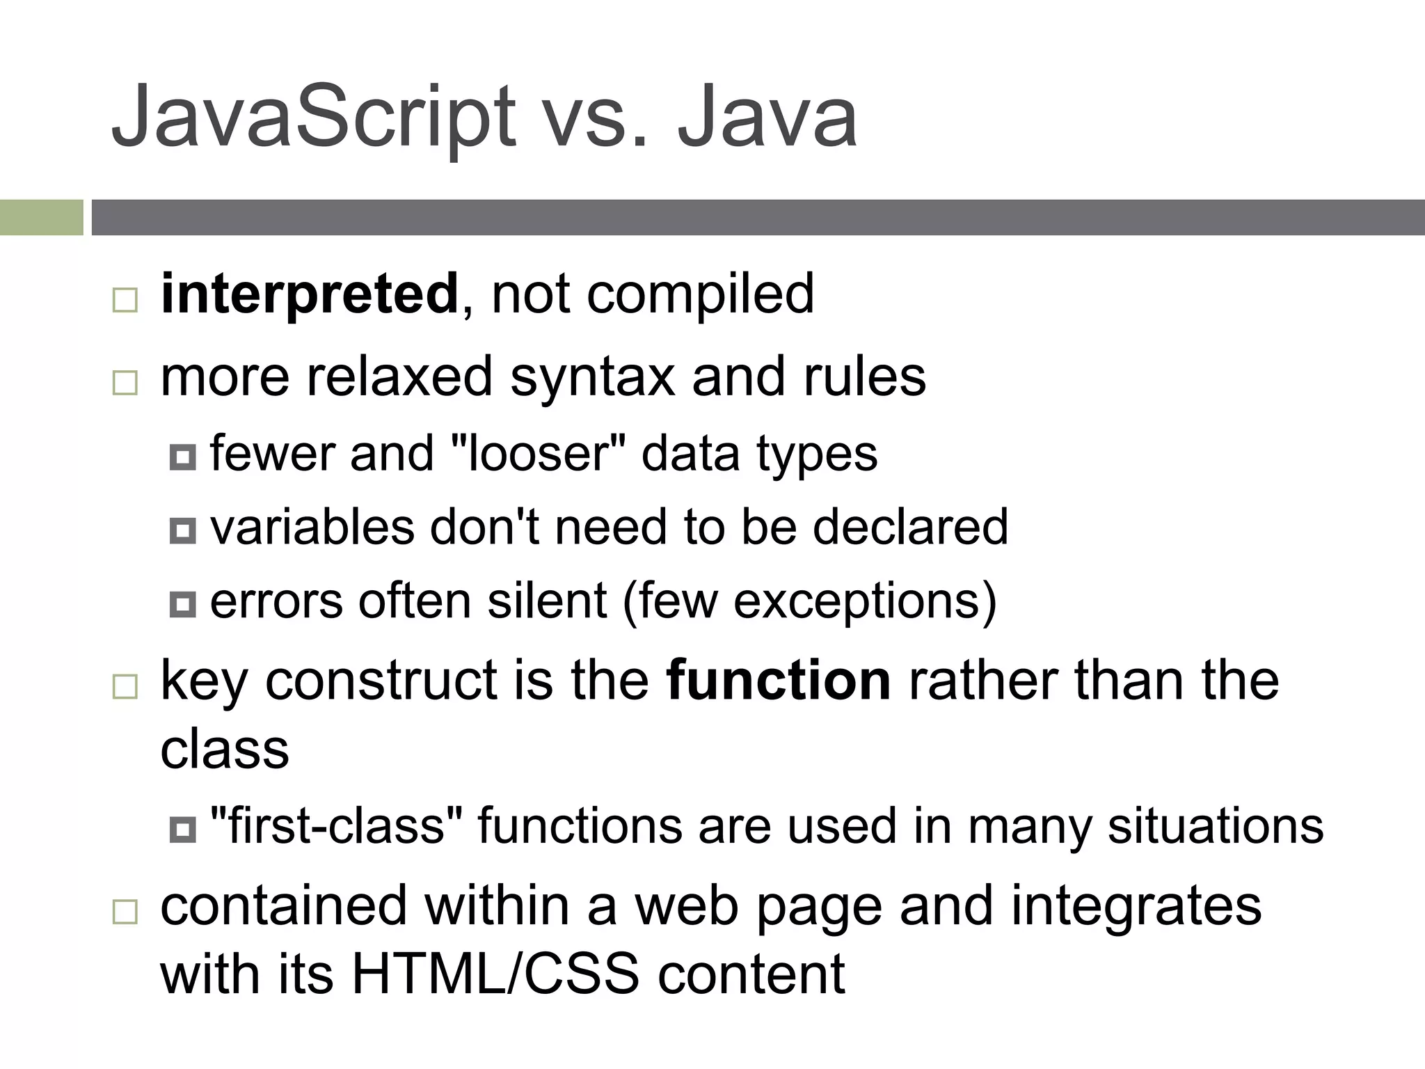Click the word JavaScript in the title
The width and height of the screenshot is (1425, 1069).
tap(313, 117)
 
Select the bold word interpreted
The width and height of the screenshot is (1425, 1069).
tap(309, 295)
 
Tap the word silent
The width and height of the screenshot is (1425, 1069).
tap(547, 601)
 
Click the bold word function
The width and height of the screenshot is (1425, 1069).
tap(778, 681)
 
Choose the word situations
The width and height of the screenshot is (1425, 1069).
tap(1215, 826)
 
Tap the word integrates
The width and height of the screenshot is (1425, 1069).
tap(1136, 906)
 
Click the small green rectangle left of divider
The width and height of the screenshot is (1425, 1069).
tap(41, 217)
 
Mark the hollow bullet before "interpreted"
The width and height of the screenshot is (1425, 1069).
tap(125, 301)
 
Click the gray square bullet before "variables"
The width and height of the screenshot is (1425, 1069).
tap(182, 532)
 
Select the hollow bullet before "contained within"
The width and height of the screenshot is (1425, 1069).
tap(125, 912)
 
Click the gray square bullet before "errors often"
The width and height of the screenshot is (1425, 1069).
tap(182, 605)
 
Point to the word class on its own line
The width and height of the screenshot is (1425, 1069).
tap(224, 750)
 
